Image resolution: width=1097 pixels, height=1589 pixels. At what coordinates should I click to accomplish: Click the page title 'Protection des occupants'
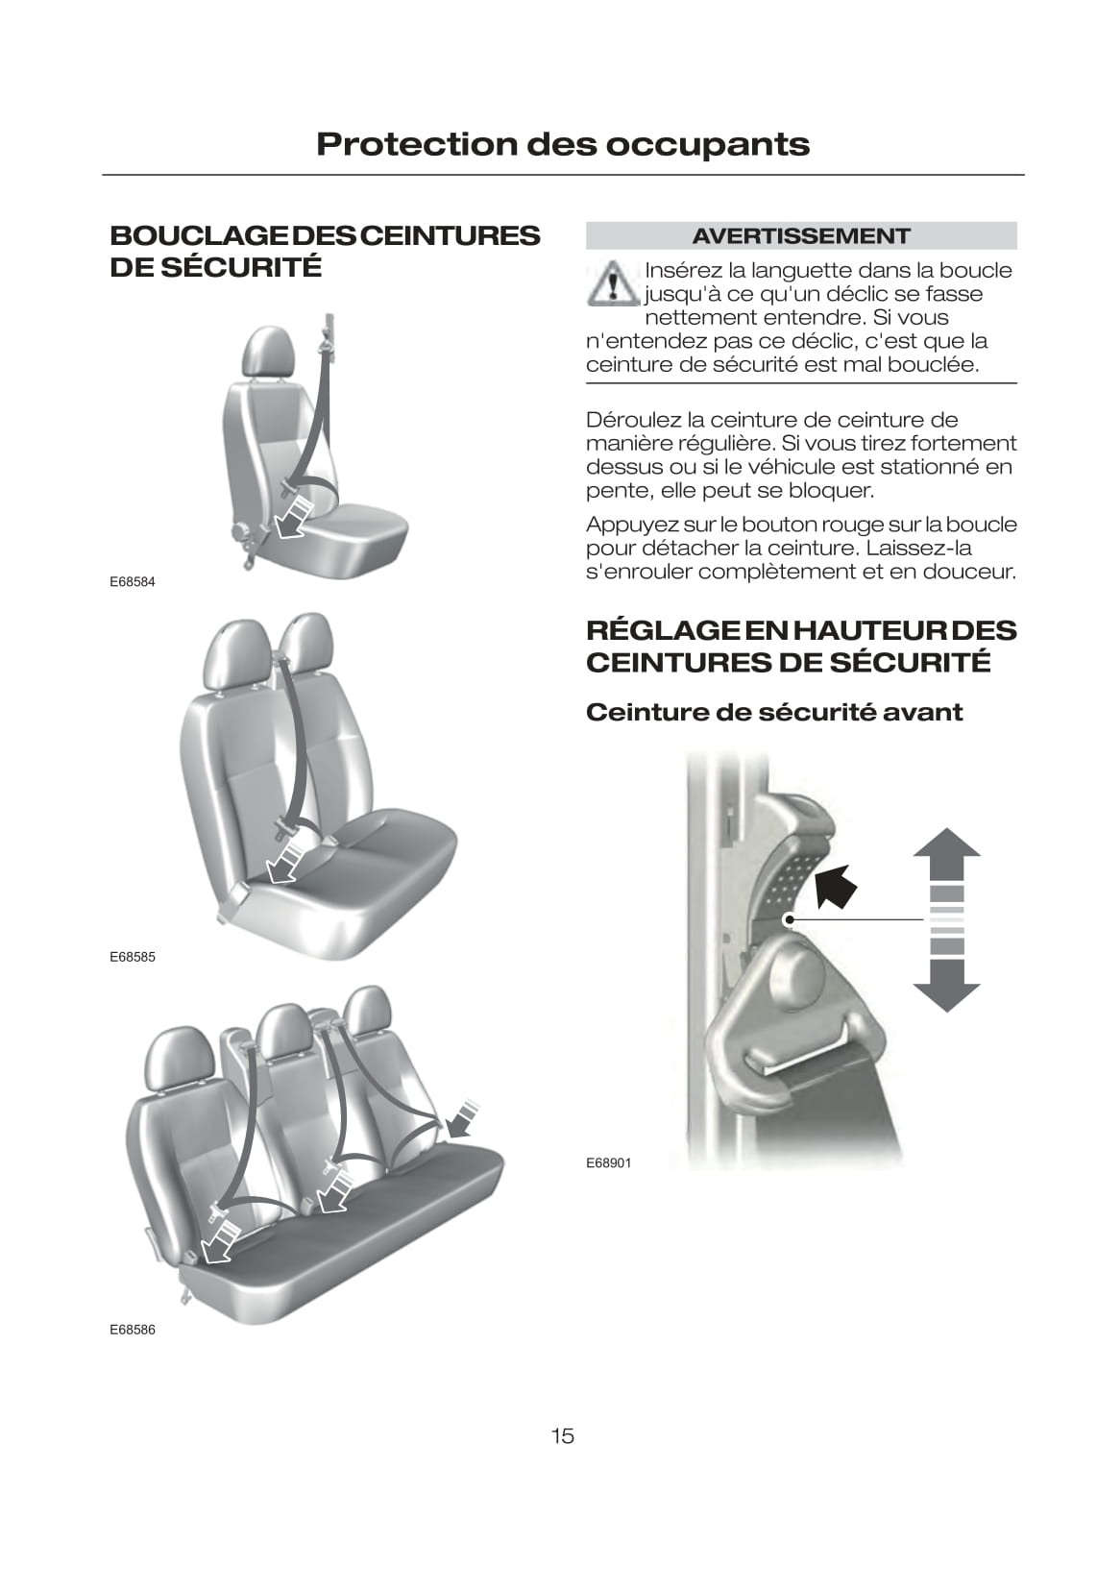tap(562, 144)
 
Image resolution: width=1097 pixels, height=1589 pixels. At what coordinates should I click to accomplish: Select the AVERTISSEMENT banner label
tap(800, 235)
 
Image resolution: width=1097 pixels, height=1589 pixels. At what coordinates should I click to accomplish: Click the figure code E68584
tap(132, 581)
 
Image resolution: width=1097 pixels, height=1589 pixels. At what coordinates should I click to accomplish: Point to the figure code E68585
tap(132, 957)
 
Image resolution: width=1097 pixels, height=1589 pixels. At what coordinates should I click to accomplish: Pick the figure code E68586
tap(132, 1330)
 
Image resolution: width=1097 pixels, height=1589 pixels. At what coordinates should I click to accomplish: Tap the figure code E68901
tap(608, 1162)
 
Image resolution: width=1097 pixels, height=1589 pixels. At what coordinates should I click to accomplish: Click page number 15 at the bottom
tap(562, 1436)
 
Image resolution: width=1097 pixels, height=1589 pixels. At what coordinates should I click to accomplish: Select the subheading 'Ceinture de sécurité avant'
tap(774, 712)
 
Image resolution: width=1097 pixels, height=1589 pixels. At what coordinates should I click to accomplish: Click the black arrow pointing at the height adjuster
tap(836, 887)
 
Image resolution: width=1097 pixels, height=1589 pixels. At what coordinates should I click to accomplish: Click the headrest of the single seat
tap(268, 352)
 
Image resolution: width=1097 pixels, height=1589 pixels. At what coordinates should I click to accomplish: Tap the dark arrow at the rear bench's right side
tap(462, 1119)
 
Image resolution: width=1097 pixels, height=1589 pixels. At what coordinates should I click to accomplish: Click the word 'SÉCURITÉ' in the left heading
tap(242, 267)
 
